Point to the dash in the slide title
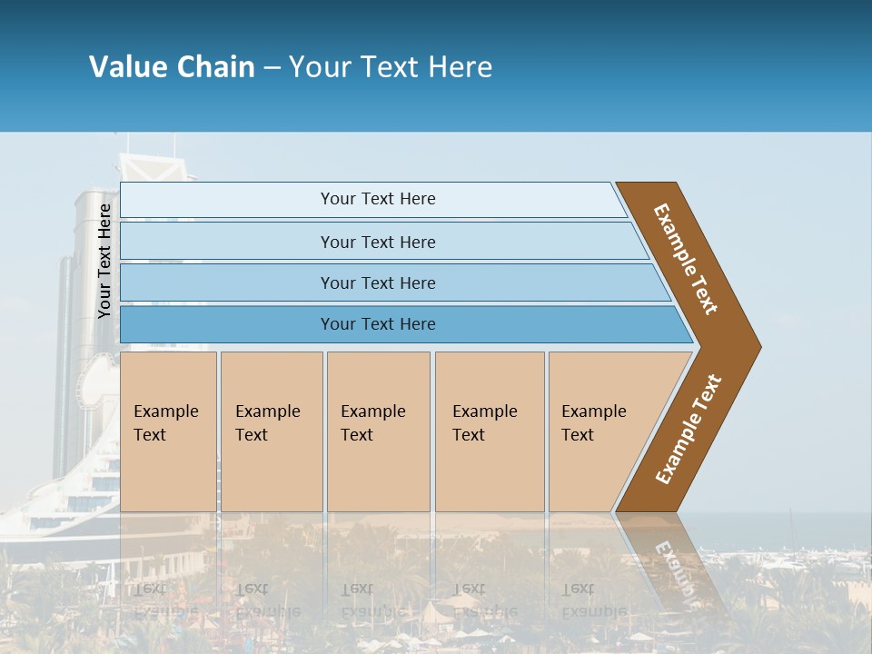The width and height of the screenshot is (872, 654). point(272,68)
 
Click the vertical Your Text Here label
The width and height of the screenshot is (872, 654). point(104,262)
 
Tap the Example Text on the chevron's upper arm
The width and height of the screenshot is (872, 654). point(686,259)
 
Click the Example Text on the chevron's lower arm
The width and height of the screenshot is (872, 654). point(689,430)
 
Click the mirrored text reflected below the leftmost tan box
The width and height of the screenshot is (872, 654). point(165,599)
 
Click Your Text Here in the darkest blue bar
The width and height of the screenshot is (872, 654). point(378,324)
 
